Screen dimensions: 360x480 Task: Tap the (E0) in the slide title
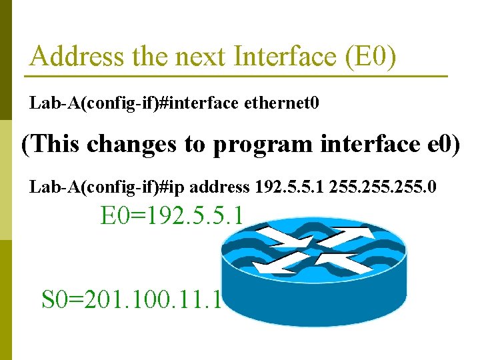(x=371, y=57)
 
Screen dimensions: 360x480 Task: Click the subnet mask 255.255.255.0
(x=382, y=187)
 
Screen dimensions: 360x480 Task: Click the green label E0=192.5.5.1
(x=173, y=216)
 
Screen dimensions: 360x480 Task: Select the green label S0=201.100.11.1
(x=131, y=299)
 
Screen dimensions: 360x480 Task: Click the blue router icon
(x=313, y=273)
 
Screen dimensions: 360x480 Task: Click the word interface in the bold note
(x=365, y=144)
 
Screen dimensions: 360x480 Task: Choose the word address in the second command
(x=219, y=187)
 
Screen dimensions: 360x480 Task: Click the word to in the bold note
(x=195, y=144)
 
